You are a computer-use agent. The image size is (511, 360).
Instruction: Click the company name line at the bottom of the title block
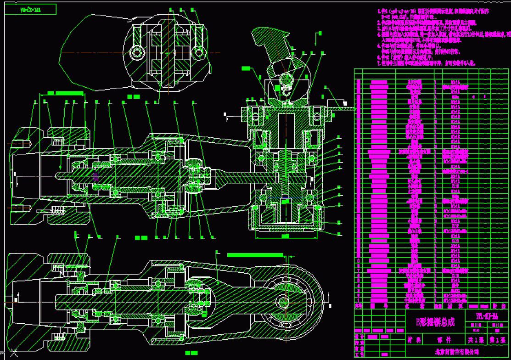(x=456, y=352)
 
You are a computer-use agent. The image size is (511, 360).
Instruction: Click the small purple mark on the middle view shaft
(x=95, y=176)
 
